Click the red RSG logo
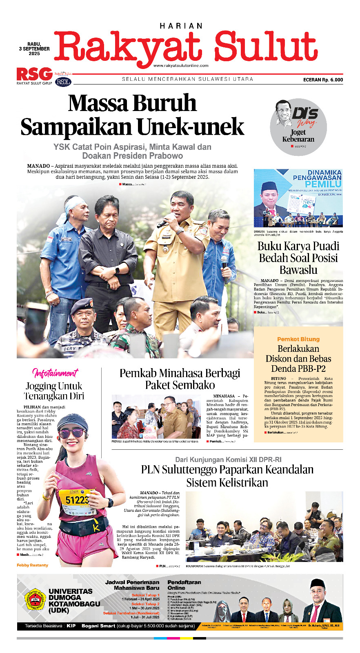click(35, 74)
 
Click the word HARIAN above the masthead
click(181, 26)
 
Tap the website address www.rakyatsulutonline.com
click(181, 65)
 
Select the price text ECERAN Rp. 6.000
click(323, 80)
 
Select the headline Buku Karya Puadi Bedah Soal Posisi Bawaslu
click(298, 258)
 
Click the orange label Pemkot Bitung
click(298, 339)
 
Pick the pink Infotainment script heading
click(55, 373)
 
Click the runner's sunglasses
click(73, 433)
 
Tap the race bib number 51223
click(77, 500)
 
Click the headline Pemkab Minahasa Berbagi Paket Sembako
click(180, 379)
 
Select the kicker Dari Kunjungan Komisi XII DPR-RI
click(228, 460)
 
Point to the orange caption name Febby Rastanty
click(32, 565)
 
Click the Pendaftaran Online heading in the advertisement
click(184, 585)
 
